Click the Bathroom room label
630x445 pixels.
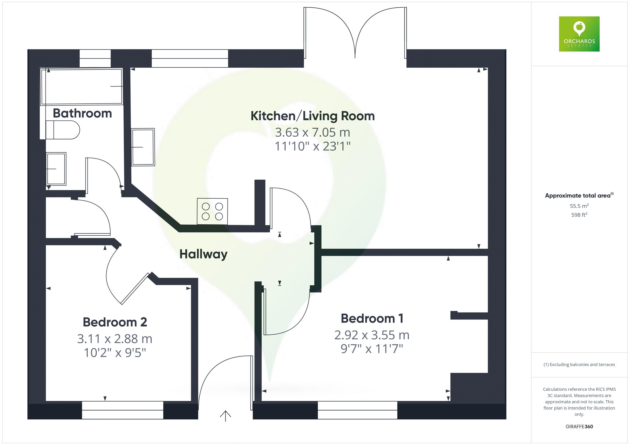(82, 113)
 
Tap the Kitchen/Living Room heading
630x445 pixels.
(312, 116)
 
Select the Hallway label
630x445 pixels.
(203, 254)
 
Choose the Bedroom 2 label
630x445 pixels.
(115, 322)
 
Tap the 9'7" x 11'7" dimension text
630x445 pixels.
(372, 349)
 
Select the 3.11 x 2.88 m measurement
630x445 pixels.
(115, 339)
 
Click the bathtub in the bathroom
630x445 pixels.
(81, 87)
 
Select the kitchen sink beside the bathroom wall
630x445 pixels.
(143, 147)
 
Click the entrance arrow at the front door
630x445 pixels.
(225, 416)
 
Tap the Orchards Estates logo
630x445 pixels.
(579, 34)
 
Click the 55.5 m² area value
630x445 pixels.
(579, 206)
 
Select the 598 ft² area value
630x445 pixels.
(579, 215)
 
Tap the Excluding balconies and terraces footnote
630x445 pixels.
(579, 364)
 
